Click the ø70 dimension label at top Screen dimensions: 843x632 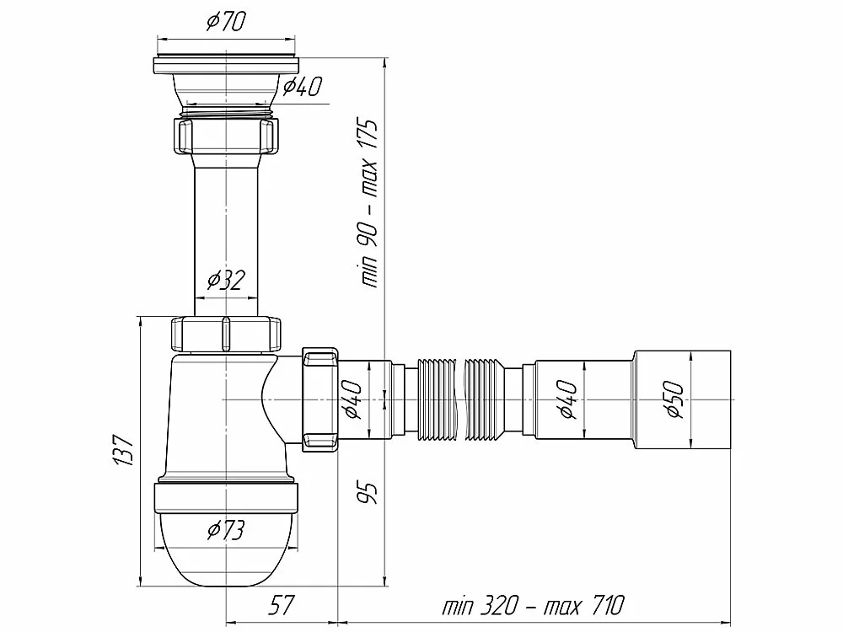(x=226, y=22)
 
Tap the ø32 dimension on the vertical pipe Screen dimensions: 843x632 (x=226, y=280)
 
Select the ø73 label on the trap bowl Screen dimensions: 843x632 (x=226, y=530)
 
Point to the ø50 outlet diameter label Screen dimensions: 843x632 (x=674, y=399)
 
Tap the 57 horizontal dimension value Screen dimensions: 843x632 (x=282, y=605)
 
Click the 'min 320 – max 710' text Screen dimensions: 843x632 (x=533, y=605)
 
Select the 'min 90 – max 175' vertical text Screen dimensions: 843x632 (x=369, y=204)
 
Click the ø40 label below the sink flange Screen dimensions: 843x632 (x=303, y=87)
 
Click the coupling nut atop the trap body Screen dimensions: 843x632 (x=226, y=335)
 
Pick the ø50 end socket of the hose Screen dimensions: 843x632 (x=682, y=399)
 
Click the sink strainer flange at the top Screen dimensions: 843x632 (x=226, y=65)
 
